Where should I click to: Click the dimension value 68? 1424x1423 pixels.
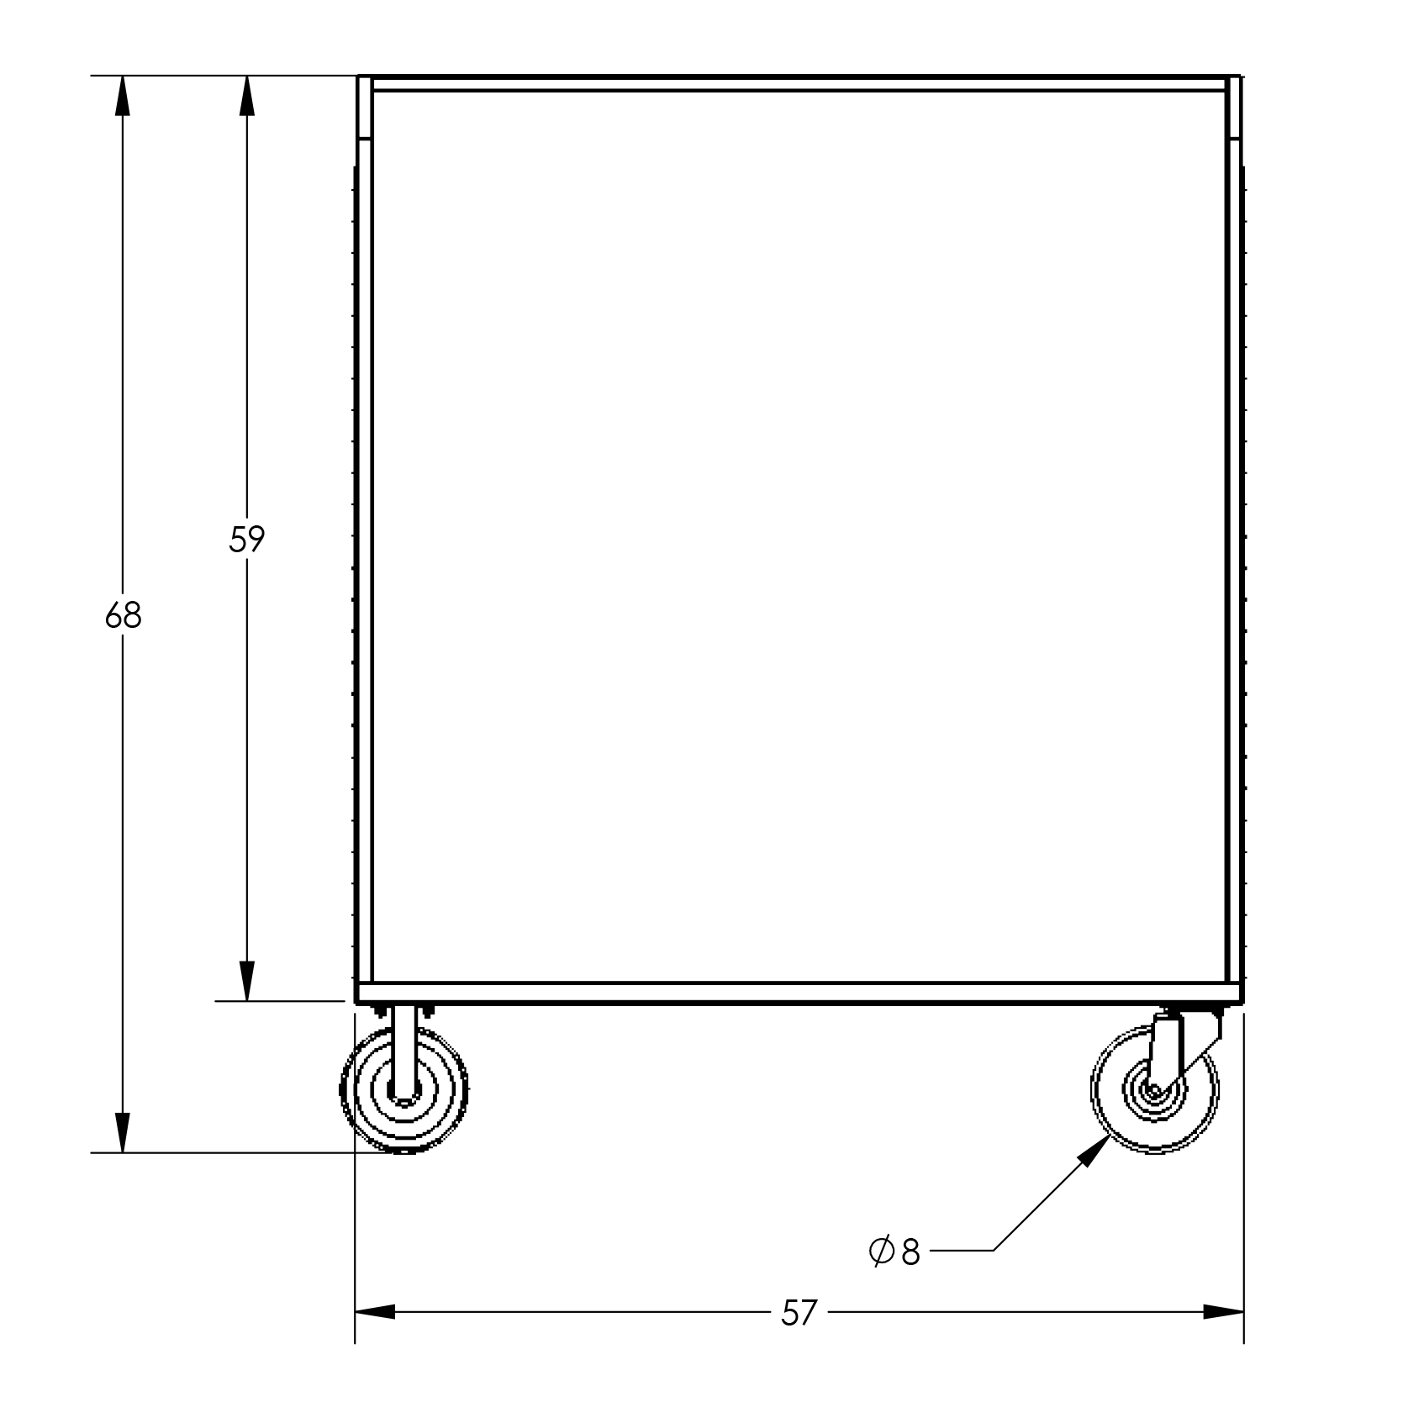[124, 616]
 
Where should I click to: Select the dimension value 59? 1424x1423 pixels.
[246, 540]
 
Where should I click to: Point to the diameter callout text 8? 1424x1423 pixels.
[911, 1252]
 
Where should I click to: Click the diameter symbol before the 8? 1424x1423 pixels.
[881, 1252]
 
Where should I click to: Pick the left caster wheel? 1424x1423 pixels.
[404, 1090]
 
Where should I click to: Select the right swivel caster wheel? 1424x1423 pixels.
[1154, 1090]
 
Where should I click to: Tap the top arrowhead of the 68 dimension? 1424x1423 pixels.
[124, 95]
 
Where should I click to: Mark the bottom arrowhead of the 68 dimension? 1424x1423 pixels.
[124, 1133]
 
